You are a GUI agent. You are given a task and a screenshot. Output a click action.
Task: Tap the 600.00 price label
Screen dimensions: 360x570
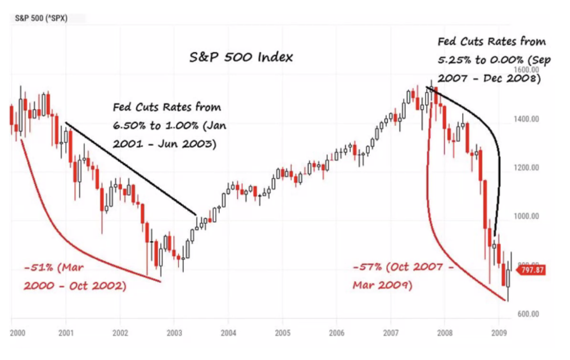coord(528,314)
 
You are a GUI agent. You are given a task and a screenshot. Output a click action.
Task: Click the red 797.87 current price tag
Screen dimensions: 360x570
coord(530,271)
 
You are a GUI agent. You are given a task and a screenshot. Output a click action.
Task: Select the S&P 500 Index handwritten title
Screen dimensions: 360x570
coord(240,57)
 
